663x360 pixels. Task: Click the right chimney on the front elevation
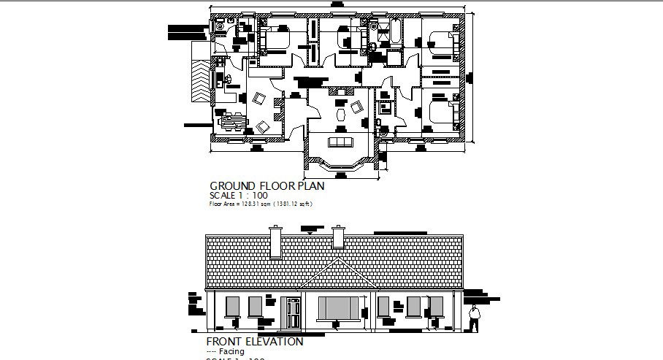(338, 237)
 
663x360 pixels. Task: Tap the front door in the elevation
(292, 313)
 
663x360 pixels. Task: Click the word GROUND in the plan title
(230, 186)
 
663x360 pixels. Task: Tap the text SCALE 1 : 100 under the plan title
(238, 196)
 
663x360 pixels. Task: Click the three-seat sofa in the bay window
(340, 141)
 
